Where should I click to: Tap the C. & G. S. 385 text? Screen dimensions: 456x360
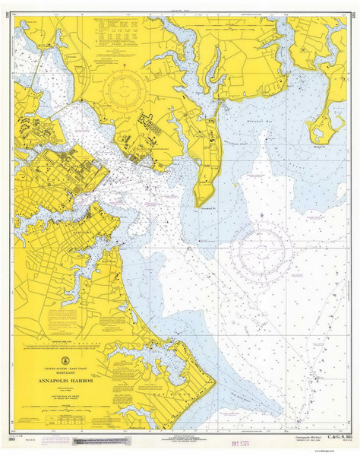tap(338, 439)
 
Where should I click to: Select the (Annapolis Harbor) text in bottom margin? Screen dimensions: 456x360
tap(301, 439)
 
